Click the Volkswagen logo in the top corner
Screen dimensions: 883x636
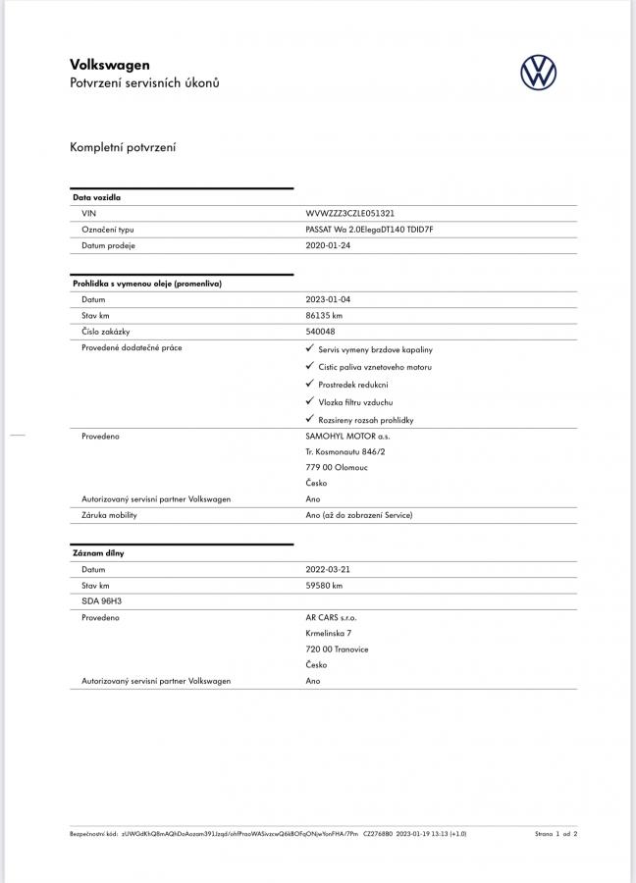(x=538, y=73)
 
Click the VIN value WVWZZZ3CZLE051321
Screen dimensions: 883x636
(x=350, y=213)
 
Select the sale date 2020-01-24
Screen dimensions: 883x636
(x=328, y=245)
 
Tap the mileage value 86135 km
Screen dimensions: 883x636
(x=325, y=316)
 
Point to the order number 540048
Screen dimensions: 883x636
(x=320, y=332)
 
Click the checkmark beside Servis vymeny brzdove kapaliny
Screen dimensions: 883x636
(x=310, y=348)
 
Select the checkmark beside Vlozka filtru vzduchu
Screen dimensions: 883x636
(x=310, y=401)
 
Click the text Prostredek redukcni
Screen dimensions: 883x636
(x=353, y=385)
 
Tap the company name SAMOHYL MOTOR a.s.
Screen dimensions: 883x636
(x=347, y=436)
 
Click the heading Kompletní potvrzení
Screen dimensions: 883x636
(x=123, y=148)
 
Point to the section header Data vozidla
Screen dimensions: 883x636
(x=97, y=197)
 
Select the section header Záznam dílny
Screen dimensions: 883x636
(x=98, y=553)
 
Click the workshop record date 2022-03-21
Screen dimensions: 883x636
(x=328, y=569)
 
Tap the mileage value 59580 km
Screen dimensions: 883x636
(x=325, y=586)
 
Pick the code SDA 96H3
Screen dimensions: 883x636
(x=101, y=601)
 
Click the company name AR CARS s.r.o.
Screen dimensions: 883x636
(x=332, y=618)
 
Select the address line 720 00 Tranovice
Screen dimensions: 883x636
(x=338, y=649)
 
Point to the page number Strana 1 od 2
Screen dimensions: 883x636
(x=556, y=834)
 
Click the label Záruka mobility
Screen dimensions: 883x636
(x=109, y=515)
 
